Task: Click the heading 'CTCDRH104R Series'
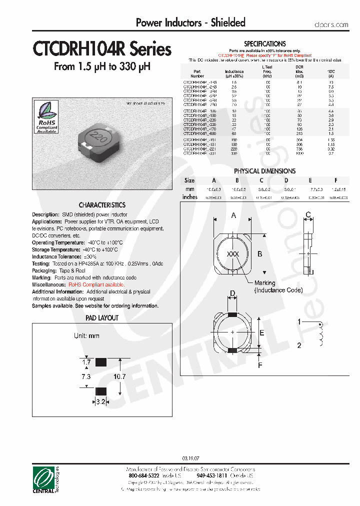click(102, 49)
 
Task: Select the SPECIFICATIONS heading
click(264, 44)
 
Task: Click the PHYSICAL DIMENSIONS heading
click(264, 171)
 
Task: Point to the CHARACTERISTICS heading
click(102, 205)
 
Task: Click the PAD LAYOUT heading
click(102, 318)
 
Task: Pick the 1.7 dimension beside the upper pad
click(85, 361)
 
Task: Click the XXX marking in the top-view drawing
click(233, 254)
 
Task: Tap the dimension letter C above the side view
click(308, 215)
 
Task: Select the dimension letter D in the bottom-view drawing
click(232, 293)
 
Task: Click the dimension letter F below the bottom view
click(259, 365)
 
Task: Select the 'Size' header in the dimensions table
click(189, 180)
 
